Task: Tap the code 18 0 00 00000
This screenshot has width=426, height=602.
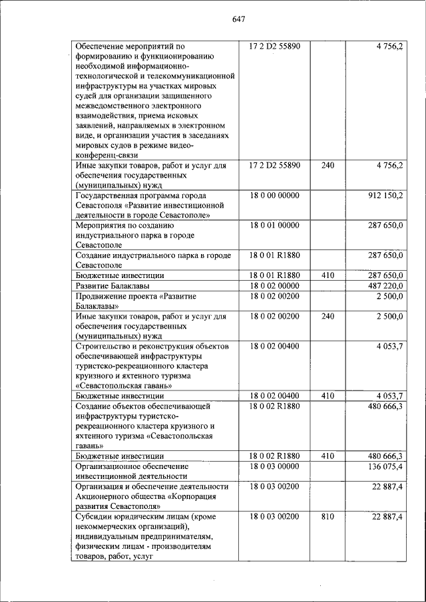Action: coord(274,196)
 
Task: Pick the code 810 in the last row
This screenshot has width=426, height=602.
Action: coord(327,516)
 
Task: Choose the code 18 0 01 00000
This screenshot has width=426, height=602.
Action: coord(274,226)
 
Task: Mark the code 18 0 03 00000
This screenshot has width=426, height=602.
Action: coord(274,466)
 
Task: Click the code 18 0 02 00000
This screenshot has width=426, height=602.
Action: coord(274,285)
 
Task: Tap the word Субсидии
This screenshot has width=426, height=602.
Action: coord(94,516)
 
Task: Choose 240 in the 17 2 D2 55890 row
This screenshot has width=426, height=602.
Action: coord(327,165)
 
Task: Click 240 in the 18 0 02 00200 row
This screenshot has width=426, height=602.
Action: coord(327,316)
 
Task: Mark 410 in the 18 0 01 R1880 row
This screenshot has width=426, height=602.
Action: coord(327,275)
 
